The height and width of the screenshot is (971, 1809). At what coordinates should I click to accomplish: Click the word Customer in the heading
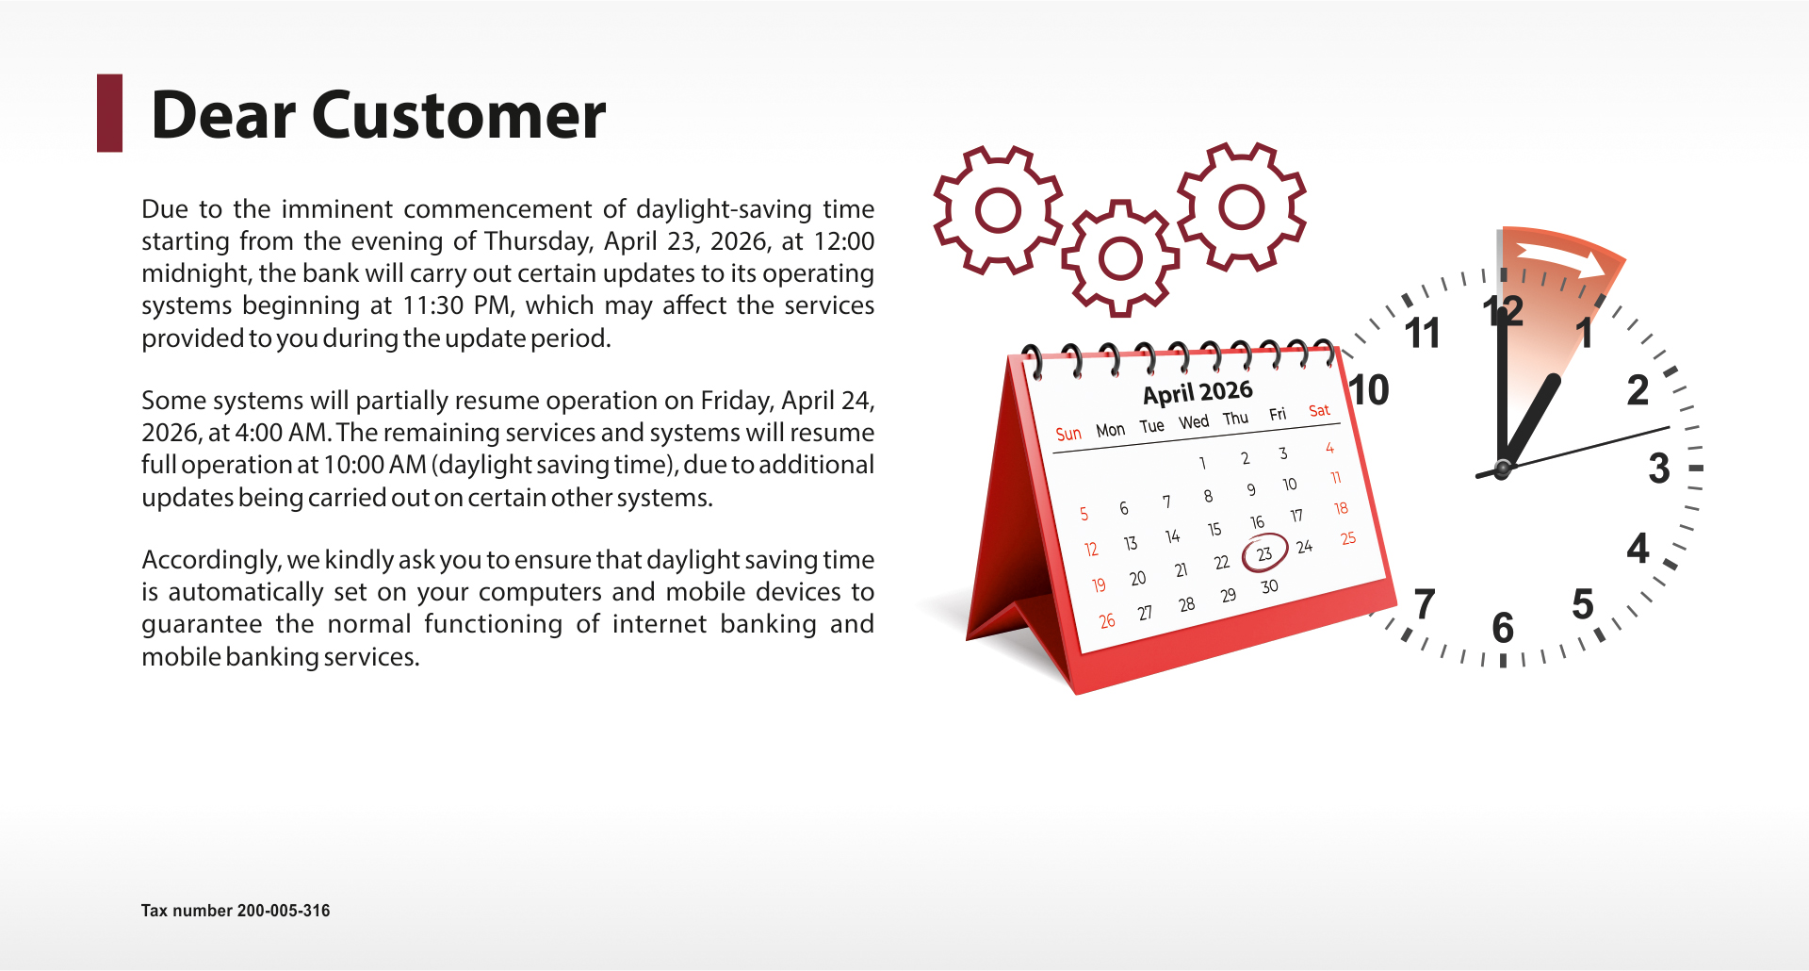point(458,116)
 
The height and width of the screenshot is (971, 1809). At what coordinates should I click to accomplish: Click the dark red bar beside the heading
point(109,113)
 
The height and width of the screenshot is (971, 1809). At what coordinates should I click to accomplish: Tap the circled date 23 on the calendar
point(1264,553)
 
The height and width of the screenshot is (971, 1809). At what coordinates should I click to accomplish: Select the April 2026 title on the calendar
point(1198,391)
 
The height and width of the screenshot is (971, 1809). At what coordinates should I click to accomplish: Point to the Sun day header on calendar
point(1068,434)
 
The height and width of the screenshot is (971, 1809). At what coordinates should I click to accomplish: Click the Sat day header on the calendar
point(1319,410)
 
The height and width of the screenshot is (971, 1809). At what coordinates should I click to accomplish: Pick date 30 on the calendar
point(1270,586)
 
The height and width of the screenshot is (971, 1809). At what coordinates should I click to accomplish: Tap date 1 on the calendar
point(1202,463)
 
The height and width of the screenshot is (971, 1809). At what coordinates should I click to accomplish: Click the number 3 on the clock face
point(1659,469)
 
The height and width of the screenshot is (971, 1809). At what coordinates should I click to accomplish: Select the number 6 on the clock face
point(1503,628)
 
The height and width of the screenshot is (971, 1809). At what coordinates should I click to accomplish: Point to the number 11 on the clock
point(1422,333)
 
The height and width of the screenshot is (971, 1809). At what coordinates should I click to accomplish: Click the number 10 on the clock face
point(1369,389)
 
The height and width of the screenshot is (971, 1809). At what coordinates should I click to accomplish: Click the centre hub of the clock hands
point(1503,468)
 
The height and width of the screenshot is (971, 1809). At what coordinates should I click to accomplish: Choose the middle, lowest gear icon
point(1120,258)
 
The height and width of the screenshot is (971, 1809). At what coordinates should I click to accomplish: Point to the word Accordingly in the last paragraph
point(212,560)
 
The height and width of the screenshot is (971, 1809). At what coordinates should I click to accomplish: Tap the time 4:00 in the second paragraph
point(256,433)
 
